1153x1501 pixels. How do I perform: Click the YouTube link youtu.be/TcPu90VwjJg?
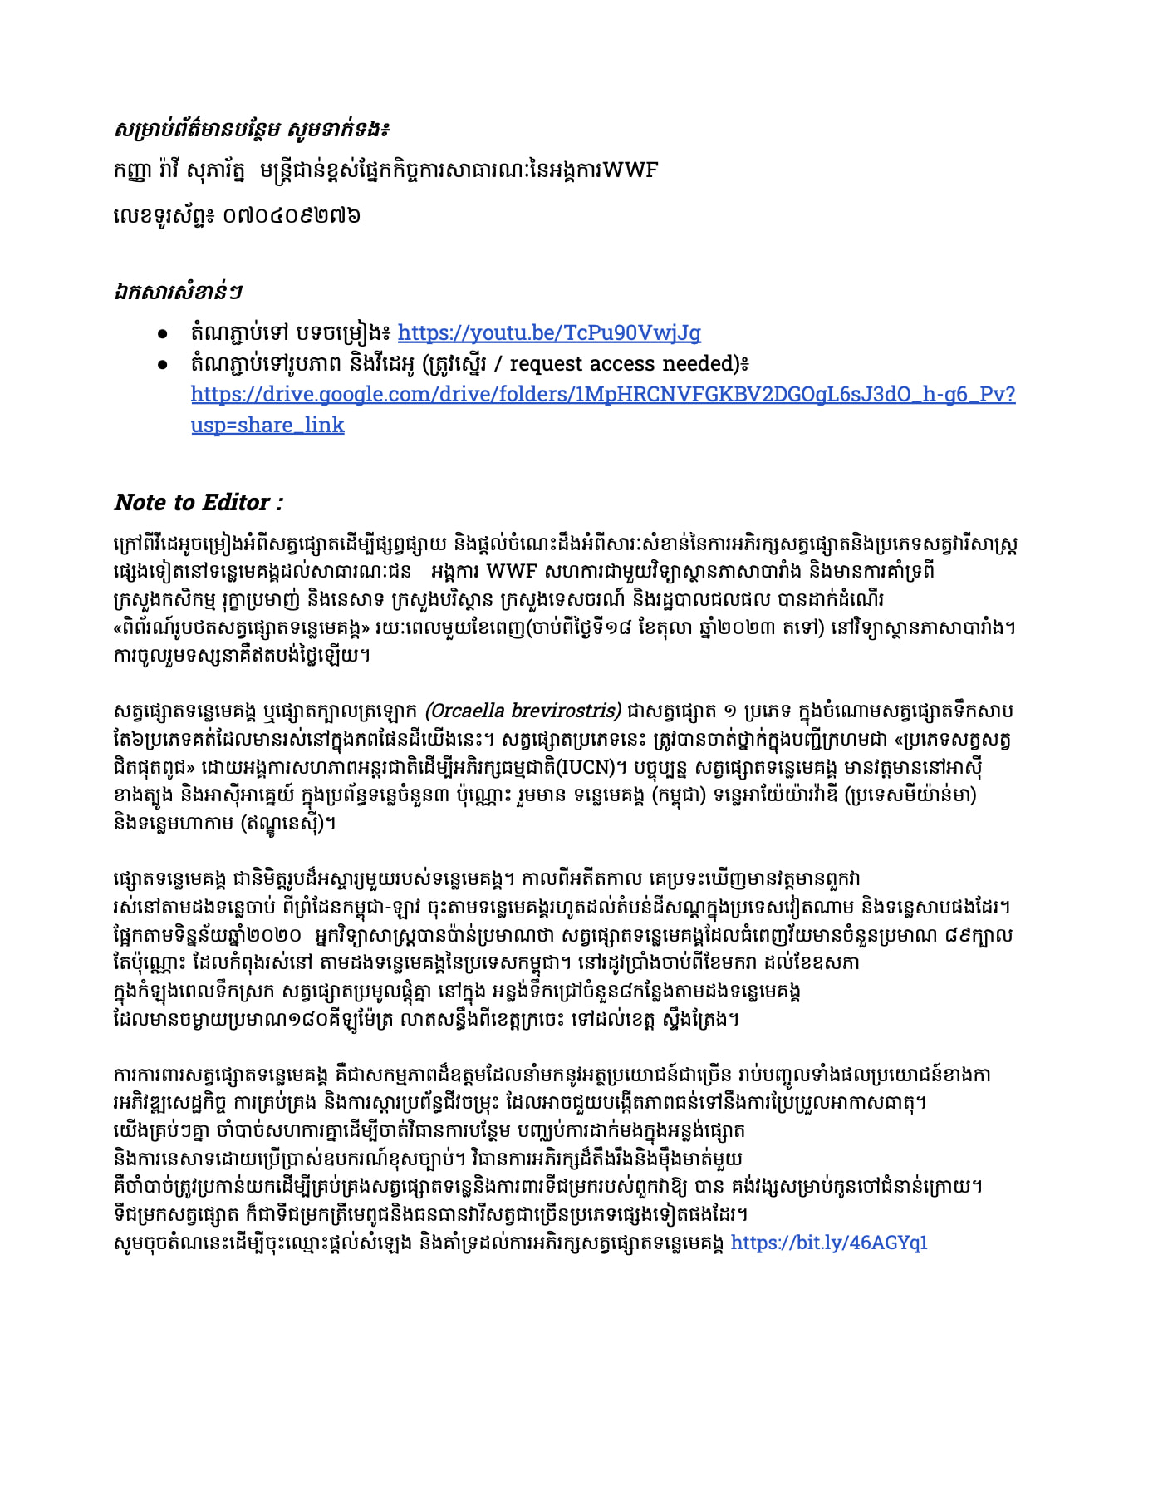[x=549, y=333]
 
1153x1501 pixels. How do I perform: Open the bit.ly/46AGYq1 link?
[x=828, y=1243]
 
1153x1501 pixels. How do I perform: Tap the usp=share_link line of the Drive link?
[x=267, y=425]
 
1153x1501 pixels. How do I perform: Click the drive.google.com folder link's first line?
[x=602, y=394]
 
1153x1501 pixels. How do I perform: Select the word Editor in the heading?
[x=236, y=503]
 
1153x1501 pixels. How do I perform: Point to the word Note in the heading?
[x=140, y=503]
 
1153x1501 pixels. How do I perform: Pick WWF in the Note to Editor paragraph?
[x=513, y=572]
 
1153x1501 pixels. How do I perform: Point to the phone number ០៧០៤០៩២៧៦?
[x=291, y=216]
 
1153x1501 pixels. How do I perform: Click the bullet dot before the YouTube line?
[x=164, y=334]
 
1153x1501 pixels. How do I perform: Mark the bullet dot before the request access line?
[x=164, y=365]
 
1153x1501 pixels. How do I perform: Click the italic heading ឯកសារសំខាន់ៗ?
[x=178, y=292]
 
